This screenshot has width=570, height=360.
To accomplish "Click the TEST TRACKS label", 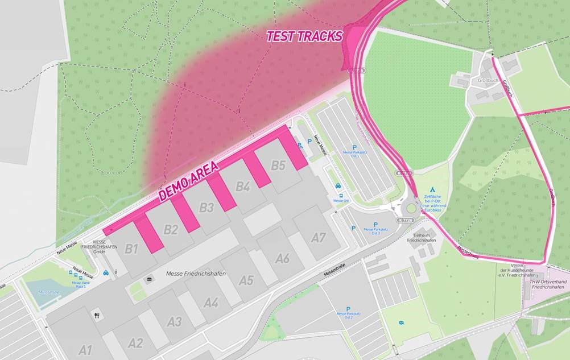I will click(305, 36).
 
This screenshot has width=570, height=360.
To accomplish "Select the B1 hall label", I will click(131, 249).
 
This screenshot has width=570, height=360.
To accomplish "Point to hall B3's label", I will click(206, 208).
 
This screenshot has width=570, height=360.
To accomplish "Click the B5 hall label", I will click(278, 165).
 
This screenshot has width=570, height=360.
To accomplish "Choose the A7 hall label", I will click(318, 238).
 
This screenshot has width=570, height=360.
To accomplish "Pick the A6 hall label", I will click(282, 259).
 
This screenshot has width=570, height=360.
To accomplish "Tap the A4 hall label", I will click(210, 302).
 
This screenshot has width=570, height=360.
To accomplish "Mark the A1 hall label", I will click(85, 350).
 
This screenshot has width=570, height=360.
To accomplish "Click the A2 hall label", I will click(135, 343).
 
